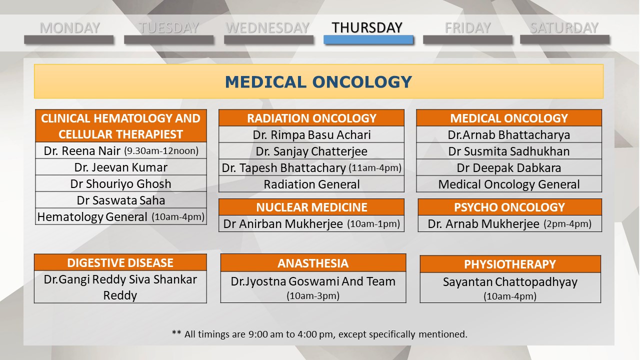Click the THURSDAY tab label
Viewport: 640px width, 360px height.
[x=367, y=27]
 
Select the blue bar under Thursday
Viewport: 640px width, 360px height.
[x=368, y=39]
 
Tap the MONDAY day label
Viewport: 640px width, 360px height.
[x=69, y=28]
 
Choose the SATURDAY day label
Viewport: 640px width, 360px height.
[x=564, y=28]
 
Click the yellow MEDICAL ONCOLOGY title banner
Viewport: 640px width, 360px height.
[x=318, y=81]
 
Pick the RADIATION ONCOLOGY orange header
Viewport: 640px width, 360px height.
[x=311, y=117]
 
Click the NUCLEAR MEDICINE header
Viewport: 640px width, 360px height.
[x=311, y=207]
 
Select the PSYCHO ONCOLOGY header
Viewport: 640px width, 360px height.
[x=509, y=207]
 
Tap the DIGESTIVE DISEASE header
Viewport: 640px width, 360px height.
[x=120, y=262]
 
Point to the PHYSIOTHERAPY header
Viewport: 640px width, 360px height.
[x=510, y=264]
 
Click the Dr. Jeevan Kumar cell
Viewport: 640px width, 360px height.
[x=121, y=167]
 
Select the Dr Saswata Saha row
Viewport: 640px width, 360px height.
[x=121, y=200]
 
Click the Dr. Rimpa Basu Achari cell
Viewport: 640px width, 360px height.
[x=311, y=134]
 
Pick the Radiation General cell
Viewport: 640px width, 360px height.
[x=311, y=184]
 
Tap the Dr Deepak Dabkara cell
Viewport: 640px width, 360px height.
[x=509, y=167]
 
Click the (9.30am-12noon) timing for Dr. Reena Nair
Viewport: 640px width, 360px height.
[x=161, y=151]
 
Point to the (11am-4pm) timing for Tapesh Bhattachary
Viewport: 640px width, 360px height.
[x=375, y=167]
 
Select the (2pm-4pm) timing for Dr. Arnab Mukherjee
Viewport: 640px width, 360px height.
[x=567, y=223]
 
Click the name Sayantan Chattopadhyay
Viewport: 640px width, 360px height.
[x=510, y=282]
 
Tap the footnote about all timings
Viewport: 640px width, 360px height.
[x=319, y=334]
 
